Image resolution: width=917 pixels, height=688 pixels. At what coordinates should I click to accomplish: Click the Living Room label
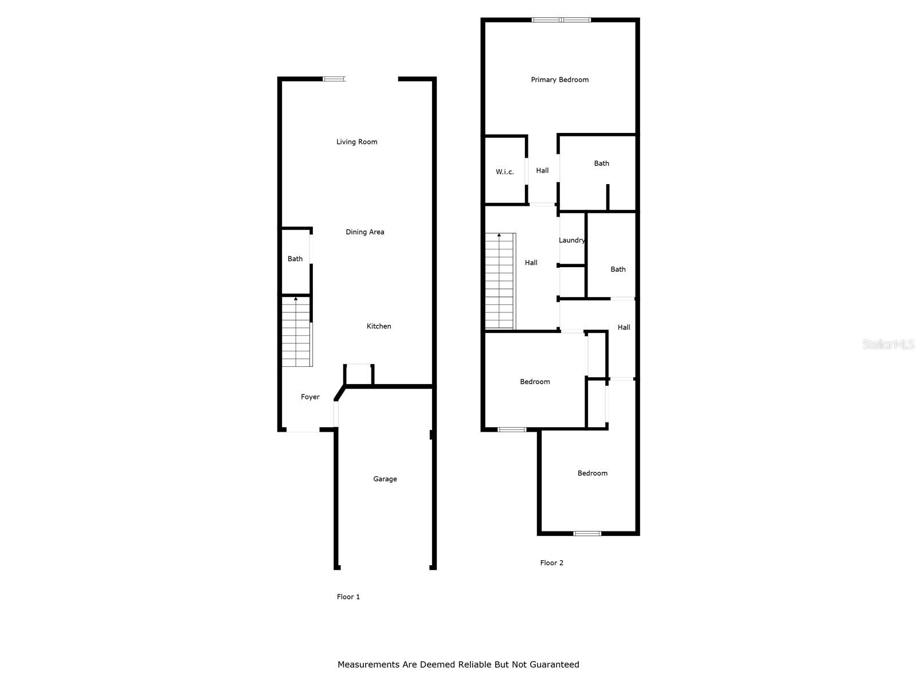[356, 142]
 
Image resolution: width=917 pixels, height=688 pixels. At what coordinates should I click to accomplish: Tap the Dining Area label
[365, 232]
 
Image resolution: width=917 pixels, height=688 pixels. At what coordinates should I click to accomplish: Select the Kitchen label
[379, 326]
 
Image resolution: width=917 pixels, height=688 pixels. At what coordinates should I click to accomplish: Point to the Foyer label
[310, 397]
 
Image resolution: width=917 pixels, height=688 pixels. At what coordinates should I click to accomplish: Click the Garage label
[385, 479]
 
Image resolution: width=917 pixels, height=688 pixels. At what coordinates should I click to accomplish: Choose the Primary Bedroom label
[559, 80]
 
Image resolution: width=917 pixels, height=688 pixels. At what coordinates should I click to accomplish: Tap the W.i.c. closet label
[504, 171]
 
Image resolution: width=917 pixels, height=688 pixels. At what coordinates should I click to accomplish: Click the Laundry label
[572, 240]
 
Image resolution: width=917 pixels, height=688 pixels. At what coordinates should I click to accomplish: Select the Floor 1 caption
[348, 597]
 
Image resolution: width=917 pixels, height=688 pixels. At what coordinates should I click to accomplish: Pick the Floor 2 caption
[551, 562]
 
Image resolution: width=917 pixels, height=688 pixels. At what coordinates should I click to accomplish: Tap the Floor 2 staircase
[500, 281]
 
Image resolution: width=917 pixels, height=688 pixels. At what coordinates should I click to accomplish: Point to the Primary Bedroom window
[561, 20]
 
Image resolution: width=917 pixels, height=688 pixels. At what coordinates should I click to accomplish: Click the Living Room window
[334, 79]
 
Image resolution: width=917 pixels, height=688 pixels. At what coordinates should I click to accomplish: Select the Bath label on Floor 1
[295, 259]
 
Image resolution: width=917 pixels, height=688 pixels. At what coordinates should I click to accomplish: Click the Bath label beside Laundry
[618, 269]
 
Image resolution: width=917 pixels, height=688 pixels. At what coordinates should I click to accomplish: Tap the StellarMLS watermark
[888, 345]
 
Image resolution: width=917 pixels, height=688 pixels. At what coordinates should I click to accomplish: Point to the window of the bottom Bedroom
[587, 534]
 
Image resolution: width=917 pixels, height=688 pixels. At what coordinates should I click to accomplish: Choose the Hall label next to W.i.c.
[542, 170]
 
